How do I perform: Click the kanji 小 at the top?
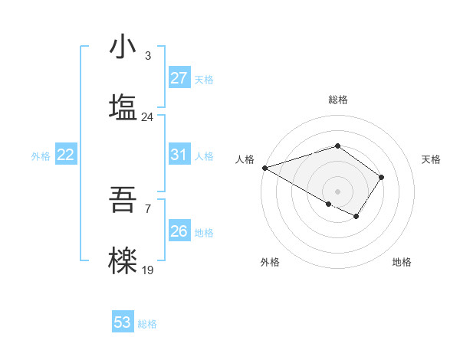[123, 47]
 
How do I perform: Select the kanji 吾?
[123, 199]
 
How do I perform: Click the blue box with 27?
[179, 78]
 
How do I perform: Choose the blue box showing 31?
[179, 155]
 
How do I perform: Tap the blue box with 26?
[179, 231]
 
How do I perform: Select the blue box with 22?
[66, 155]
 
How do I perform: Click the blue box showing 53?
[123, 322]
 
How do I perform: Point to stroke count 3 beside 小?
[147, 55]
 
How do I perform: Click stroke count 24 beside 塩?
[147, 116]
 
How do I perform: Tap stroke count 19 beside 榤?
[147, 270]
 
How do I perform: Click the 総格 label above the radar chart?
[337, 100]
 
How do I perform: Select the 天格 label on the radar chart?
[432, 159]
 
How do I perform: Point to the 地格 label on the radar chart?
[402, 262]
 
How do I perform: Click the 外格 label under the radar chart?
[270, 262]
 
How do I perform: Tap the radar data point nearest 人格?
[264, 168]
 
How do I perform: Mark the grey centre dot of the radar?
[337, 191]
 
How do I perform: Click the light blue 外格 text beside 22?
[41, 155]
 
